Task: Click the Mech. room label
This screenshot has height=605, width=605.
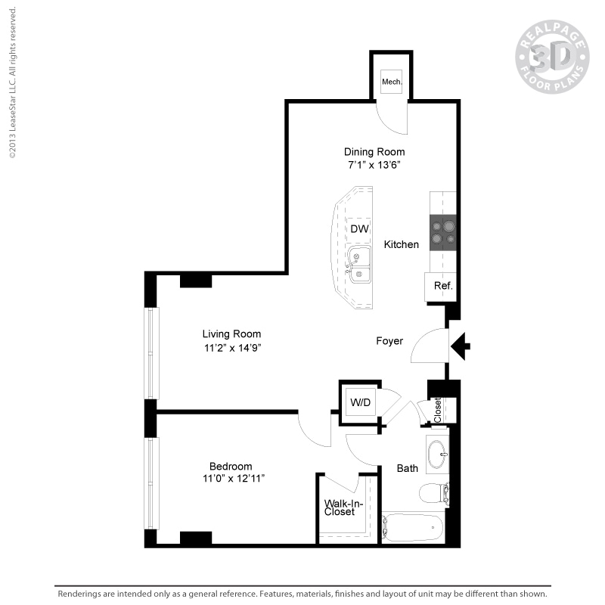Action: click(391, 82)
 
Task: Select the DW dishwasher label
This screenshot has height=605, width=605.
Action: click(359, 228)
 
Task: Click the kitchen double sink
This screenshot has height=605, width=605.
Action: click(359, 265)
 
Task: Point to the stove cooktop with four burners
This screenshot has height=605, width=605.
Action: click(442, 232)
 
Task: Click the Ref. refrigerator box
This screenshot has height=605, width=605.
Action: click(442, 287)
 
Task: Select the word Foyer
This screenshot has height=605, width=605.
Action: click(389, 341)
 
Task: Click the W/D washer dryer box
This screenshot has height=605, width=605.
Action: click(360, 402)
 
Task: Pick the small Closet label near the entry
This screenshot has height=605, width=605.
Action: click(439, 409)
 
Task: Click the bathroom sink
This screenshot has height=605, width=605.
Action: click(436, 454)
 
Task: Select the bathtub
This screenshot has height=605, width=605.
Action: click(412, 527)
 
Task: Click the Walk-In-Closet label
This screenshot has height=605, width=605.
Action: click(340, 507)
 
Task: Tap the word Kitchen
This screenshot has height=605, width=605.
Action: click(401, 244)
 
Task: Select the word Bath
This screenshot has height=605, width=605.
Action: click(408, 468)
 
